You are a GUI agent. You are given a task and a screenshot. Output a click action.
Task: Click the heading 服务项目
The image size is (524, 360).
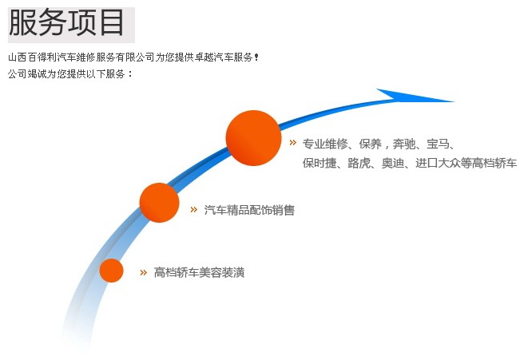pyautogui.click(x=66, y=23)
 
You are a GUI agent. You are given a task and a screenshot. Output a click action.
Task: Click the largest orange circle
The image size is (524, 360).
pyautogui.click(x=254, y=138)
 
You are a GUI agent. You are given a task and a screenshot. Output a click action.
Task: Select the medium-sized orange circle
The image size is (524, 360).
pyautogui.click(x=160, y=203)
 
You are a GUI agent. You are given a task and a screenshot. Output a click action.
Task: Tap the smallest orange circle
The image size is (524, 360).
pyautogui.click(x=111, y=271)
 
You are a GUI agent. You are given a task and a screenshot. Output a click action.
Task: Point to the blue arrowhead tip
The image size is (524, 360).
pyautogui.click(x=454, y=101)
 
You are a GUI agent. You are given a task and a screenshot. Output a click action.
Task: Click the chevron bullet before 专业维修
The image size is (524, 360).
pyautogui.click(x=292, y=143)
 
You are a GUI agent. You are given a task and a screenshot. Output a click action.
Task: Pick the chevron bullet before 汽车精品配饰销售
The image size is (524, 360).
pyautogui.click(x=194, y=210)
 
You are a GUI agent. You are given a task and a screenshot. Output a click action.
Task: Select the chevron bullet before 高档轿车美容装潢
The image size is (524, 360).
pyautogui.click(x=143, y=272)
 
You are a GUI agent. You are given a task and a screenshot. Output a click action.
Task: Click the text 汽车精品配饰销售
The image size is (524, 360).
pyautogui.click(x=249, y=210)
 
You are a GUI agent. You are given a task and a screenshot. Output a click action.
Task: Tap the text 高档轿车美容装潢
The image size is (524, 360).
pyautogui.click(x=199, y=272)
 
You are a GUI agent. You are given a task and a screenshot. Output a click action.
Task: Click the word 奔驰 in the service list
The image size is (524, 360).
pyautogui.click(x=403, y=144)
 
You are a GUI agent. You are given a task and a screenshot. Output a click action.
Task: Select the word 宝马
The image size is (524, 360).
pyautogui.click(x=438, y=144)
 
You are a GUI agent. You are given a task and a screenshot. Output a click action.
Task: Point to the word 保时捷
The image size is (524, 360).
pyautogui.click(x=320, y=163)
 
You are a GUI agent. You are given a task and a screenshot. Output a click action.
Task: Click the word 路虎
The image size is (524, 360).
pyautogui.click(x=359, y=163)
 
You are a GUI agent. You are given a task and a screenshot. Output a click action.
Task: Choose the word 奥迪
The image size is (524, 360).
pyautogui.click(x=393, y=163)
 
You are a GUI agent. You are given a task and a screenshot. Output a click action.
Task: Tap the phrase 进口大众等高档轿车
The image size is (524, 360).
pyautogui.click(x=466, y=163)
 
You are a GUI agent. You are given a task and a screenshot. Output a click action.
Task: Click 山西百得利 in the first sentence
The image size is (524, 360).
pyautogui.click(x=32, y=57)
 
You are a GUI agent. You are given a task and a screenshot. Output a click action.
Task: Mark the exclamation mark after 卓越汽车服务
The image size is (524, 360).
pyautogui.click(x=256, y=57)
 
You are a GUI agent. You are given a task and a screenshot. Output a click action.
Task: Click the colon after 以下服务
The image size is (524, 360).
pyautogui.click(x=130, y=74)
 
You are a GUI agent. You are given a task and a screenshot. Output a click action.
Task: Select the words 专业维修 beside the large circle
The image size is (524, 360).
pyautogui.click(x=325, y=144)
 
